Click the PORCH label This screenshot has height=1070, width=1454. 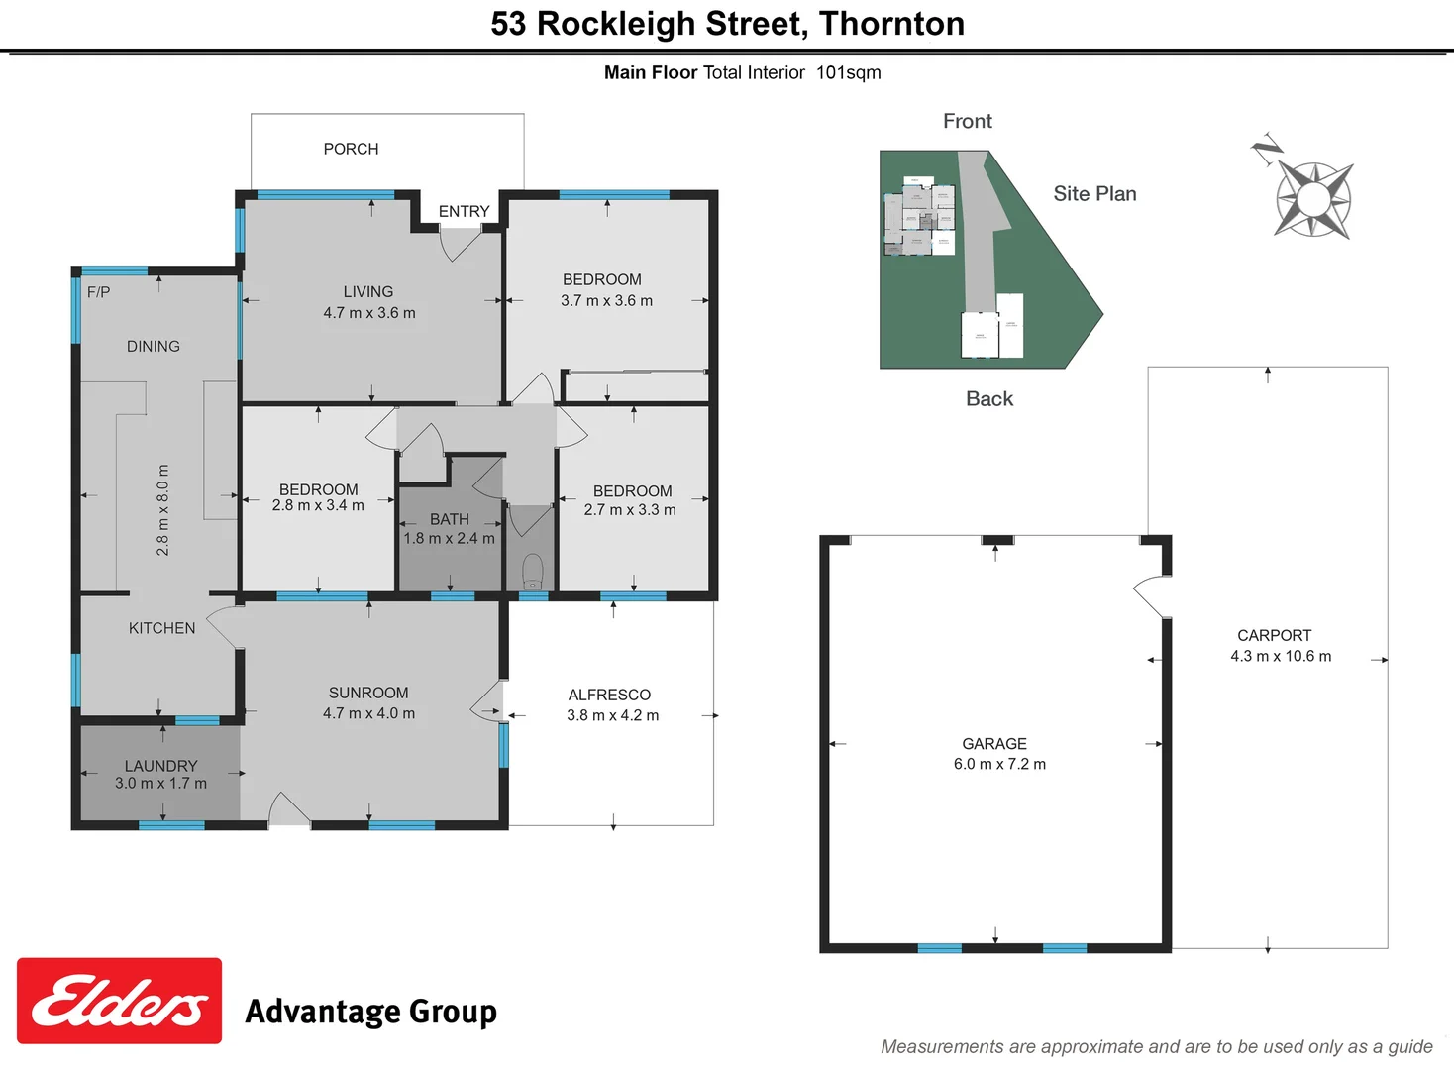(351, 149)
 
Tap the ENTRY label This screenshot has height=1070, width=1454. (464, 211)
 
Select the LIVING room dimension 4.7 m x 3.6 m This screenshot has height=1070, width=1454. (368, 313)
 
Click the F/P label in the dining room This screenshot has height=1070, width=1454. (98, 292)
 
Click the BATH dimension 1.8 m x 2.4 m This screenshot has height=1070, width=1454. (449, 539)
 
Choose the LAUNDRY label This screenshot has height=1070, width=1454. (160, 766)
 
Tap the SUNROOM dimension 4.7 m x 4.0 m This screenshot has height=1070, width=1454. (368, 713)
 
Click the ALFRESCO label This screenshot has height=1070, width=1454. (609, 695)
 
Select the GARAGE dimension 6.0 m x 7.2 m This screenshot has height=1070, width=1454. (999, 764)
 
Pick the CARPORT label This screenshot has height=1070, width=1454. (1274, 635)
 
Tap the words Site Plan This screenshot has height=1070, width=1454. (1094, 194)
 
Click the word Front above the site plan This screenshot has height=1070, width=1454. (967, 121)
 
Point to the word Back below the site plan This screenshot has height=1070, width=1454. (988, 398)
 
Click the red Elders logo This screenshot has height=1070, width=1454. (119, 1001)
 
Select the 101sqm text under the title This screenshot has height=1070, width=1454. (848, 72)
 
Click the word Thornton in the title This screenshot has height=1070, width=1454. (891, 23)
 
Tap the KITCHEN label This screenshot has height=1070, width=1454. (161, 628)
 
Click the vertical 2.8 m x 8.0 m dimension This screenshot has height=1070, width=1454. (163, 509)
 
